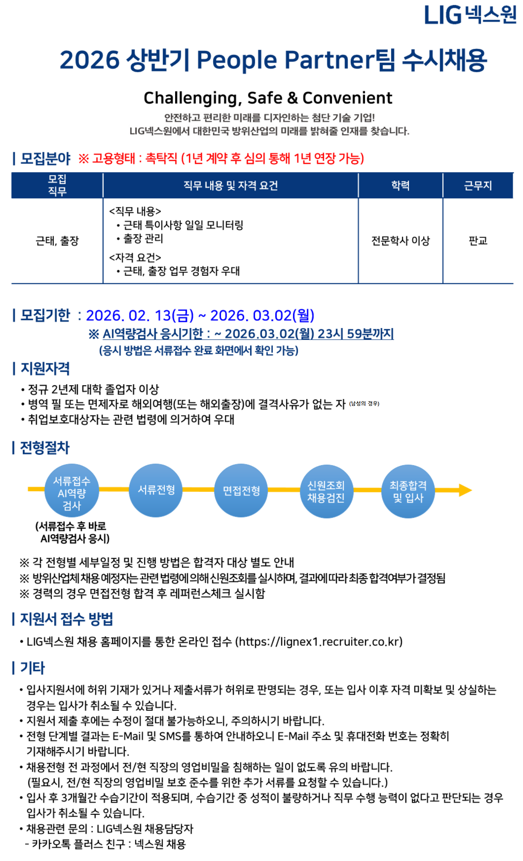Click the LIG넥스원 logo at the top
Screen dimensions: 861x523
(x=470, y=15)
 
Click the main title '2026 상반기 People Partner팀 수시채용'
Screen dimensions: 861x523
(x=273, y=60)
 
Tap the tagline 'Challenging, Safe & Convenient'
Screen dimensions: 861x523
(x=268, y=98)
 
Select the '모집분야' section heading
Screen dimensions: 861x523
(x=45, y=158)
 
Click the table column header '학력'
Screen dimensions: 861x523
(x=400, y=185)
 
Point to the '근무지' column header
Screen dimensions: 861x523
(x=478, y=185)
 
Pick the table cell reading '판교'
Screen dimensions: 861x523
(x=478, y=241)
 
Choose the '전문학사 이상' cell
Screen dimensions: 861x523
(x=400, y=241)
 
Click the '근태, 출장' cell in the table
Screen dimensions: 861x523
(x=57, y=241)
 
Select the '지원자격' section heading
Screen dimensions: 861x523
(x=45, y=368)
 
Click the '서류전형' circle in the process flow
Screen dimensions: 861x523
(x=156, y=490)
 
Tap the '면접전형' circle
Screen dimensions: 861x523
(x=241, y=490)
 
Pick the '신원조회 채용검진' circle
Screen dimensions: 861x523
(x=326, y=491)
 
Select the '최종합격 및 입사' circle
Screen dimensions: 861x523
(x=408, y=491)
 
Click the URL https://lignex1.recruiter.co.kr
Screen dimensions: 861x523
(x=319, y=642)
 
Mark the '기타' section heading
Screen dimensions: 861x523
(x=32, y=668)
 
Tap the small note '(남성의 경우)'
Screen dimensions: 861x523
(x=364, y=403)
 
